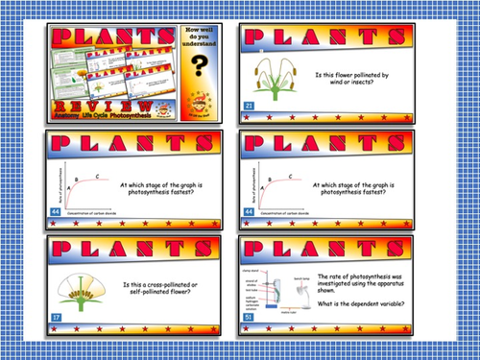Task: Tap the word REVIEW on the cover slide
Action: point(108,106)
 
